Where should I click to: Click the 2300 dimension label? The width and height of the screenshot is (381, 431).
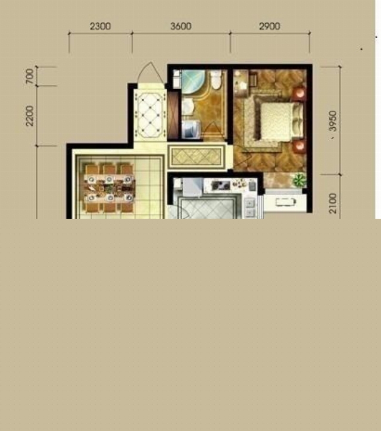pos(100,26)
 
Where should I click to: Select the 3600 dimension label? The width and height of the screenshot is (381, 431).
pos(181,26)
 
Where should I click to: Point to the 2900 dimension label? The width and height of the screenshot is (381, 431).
pos(270,26)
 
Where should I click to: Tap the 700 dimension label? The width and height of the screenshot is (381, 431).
pos(29,76)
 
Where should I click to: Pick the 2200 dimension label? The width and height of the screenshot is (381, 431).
pos(29,116)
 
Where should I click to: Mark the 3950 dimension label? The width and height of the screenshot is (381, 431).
pos(333,121)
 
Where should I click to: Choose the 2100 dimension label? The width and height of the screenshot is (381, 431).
pos(333,203)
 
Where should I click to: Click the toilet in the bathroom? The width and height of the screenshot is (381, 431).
pos(216,80)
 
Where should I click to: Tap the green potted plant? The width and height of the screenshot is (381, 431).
pos(299,180)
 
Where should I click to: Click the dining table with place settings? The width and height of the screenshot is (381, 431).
pos(110,188)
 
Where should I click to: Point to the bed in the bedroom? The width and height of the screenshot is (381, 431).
pos(278,121)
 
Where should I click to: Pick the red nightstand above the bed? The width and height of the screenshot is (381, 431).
pos(299,93)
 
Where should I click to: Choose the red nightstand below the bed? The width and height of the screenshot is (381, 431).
pos(299,146)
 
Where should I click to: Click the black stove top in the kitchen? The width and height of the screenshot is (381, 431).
pos(220,185)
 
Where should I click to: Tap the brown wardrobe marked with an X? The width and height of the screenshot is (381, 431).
pos(173,115)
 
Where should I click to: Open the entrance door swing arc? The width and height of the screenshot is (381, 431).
pos(150,72)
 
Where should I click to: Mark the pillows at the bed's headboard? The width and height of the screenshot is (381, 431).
pos(297,121)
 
